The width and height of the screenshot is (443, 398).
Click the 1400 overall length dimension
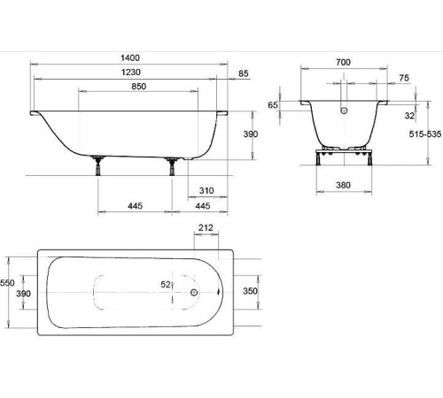click(x=130, y=57)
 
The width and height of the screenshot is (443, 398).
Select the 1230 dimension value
click(x=131, y=73)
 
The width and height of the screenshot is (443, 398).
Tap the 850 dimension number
click(x=139, y=87)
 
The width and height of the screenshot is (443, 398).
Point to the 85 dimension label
click(x=244, y=73)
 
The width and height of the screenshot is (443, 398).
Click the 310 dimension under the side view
click(x=206, y=191)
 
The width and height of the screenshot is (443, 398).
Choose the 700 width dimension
click(x=343, y=62)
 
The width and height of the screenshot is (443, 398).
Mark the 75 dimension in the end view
click(x=404, y=78)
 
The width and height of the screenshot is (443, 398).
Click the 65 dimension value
click(x=273, y=105)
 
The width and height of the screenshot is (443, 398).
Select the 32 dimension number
click(x=409, y=116)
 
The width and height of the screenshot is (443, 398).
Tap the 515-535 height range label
click(x=425, y=134)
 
